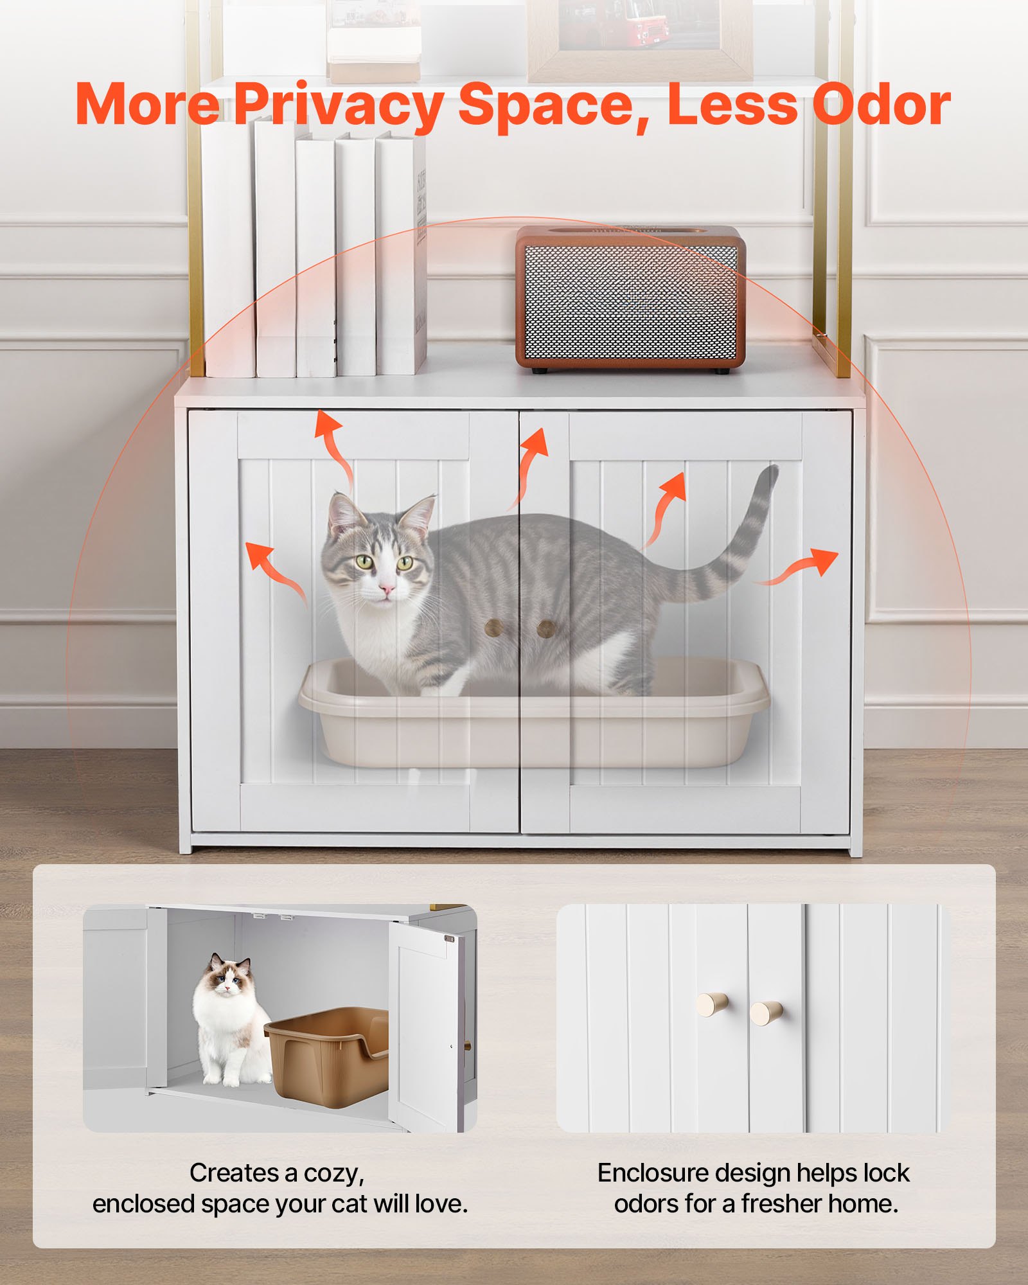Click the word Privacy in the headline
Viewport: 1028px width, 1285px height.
point(337,104)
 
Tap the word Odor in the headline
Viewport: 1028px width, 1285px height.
point(882,104)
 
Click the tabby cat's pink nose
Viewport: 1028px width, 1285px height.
point(387,589)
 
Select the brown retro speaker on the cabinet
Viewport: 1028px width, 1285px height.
point(631,299)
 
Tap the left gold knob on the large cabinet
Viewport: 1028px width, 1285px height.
point(493,628)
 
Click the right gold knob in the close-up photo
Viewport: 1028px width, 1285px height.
point(766,1013)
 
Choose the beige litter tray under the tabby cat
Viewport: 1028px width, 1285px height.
point(533,732)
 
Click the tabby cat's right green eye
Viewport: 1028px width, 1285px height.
point(405,563)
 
